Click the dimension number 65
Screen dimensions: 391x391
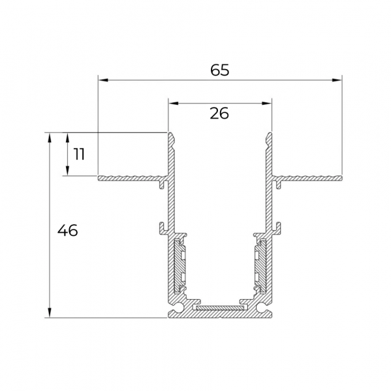(219, 70)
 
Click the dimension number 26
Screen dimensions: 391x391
(219, 113)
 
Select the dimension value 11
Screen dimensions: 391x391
(79, 154)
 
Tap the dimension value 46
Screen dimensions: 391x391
(68, 230)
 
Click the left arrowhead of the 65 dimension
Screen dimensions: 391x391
(103, 80)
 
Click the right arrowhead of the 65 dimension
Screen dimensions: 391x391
(337, 80)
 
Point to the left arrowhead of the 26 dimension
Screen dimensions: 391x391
(174, 103)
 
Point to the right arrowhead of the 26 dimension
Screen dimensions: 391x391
(266, 103)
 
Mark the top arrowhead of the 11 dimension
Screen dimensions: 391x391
(67, 138)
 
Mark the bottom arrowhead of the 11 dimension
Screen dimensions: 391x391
(67, 171)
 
